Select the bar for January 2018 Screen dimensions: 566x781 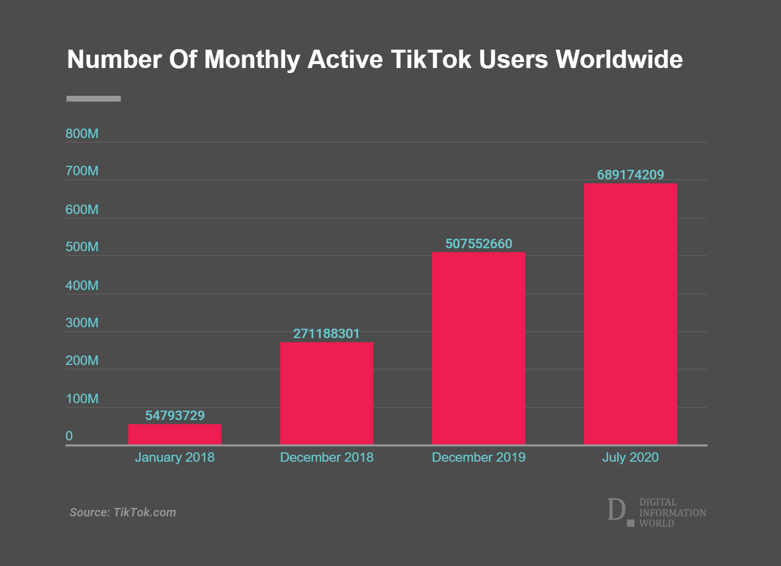(175, 434)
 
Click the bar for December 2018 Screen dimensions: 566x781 (326, 393)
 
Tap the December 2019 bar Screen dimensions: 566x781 (478, 349)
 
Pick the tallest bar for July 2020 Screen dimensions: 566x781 (630, 314)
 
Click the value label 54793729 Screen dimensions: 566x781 (175, 416)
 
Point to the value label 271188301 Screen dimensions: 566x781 (326, 334)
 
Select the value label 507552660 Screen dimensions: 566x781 (478, 244)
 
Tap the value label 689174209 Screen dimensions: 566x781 (630, 175)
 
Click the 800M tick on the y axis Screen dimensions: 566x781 (82, 134)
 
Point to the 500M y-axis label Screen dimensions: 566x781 (82, 247)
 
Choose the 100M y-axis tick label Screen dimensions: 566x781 (82, 399)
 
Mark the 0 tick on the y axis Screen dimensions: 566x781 (69, 436)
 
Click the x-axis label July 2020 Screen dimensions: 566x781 (630, 457)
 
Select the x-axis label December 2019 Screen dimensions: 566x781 (478, 457)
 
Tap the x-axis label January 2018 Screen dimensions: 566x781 (175, 457)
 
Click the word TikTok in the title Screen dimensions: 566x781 (431, 60)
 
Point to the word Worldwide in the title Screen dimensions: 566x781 (619, 60)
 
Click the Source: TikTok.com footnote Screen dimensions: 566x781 (123, 512)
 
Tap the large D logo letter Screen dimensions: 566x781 (617, 509)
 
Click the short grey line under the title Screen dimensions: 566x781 (93, 99)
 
